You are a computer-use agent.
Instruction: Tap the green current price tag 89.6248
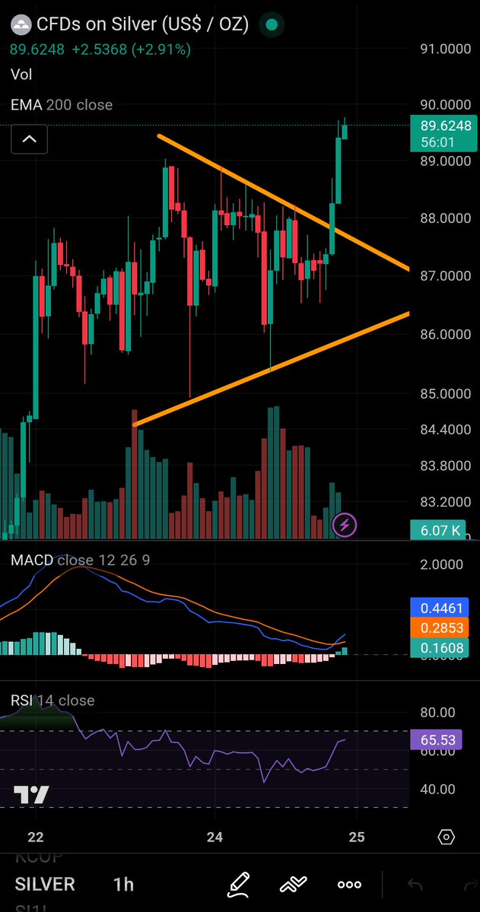coord(441,126)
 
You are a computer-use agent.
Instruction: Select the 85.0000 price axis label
coord(445,393)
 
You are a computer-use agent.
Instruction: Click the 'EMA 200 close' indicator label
coord(62,105)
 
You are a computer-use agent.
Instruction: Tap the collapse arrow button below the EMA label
coord(29,139)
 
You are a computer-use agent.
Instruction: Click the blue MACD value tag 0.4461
coord(441,608)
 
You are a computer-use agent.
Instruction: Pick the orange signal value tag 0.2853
coord(441,628)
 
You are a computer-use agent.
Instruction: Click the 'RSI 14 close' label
coord(52,700)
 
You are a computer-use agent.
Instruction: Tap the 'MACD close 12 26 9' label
coord(80,561)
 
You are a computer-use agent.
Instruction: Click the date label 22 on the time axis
coord(35,837)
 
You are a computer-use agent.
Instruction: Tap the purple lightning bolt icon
coord(345,524)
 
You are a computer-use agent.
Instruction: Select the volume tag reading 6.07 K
coord(440,530)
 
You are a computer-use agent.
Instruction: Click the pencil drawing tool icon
coord(238,884)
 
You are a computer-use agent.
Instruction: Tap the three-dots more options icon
coord(349,885)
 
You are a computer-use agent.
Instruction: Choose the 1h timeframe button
coord(123,885)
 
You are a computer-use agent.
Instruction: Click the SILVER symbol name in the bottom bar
coord(45,885)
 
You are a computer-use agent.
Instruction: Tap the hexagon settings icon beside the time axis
coord(447,837)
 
